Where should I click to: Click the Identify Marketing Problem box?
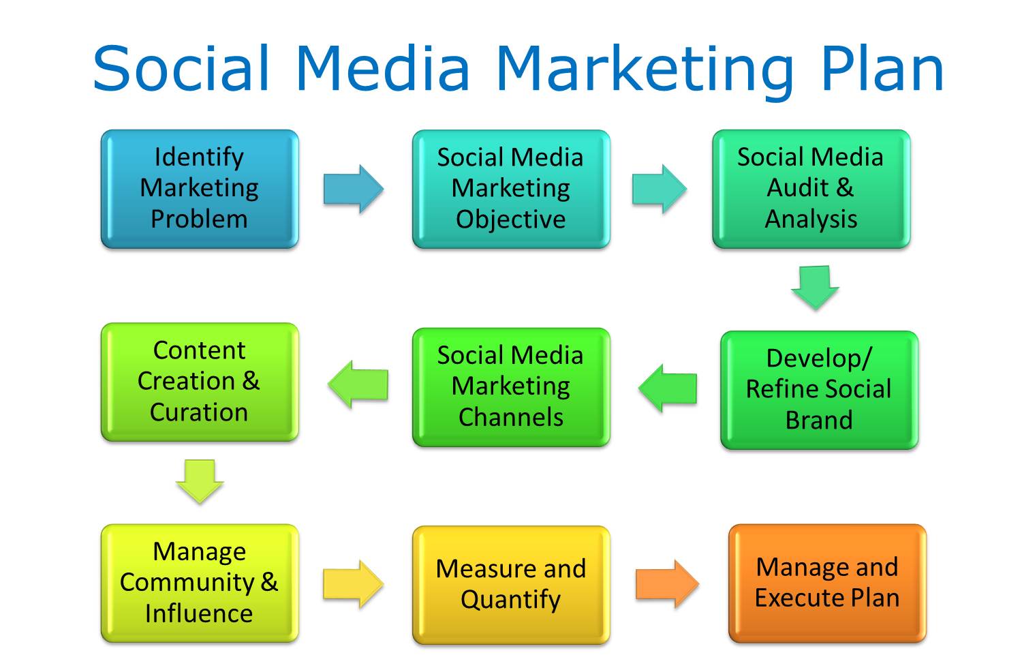pyautogui.click(x=200, y=189)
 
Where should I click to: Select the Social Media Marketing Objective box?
pyautogui.click(x=511, y=189)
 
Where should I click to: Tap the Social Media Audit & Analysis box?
pyautogui.click(x=811, y=189)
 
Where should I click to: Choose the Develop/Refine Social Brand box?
pyautogui.click(x=820, y=390)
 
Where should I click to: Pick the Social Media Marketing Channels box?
pyautogui.click(x=511, y=387)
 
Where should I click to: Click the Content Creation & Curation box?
pyautogui.click(x=200, y=382)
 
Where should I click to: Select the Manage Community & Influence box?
pyautogui.click(x=200, y=583)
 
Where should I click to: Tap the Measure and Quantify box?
pyautogui.click(x=511, y=585)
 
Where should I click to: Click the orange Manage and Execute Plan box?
pyautogui.click(x=827, y=583)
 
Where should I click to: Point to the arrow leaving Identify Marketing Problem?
pyautogui.click(x=354, y=189)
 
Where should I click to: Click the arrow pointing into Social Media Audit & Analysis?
pyautogui.click(x=660, y=189)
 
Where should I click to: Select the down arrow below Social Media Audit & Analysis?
pyautogui.click(x=815, y=288)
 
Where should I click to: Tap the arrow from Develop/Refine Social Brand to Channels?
pyautogui.click(x=668, y=389)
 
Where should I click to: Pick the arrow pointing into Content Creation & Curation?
pyautogui.click(x=358, y=384)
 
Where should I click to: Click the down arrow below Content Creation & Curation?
pyautogui.click(x=200, y=482)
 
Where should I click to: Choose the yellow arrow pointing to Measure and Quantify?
pyautogui.click(x=354, y=584)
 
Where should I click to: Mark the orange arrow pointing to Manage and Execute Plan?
pyautogui.click(x=668, y=584)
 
